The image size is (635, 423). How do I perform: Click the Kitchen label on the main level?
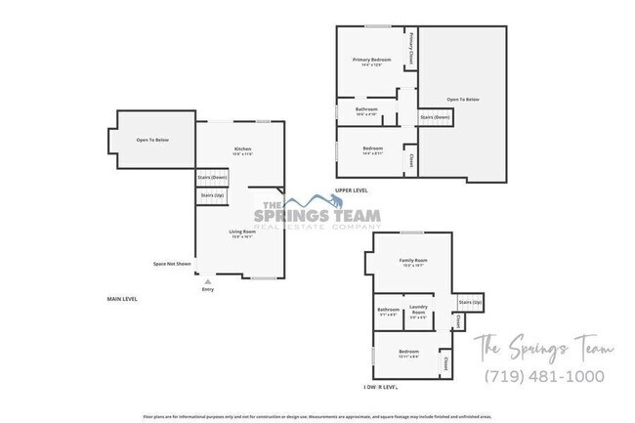[242, 148]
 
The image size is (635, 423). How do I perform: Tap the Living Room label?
[242, 231]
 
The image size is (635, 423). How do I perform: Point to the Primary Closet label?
[412, 47]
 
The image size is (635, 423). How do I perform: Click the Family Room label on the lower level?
[413, 260]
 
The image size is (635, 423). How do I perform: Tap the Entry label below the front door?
[207, 289]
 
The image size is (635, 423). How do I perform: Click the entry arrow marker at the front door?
[207, 281]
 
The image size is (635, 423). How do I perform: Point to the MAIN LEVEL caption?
[122, 298]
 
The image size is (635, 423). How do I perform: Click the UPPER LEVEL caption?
[351, 190]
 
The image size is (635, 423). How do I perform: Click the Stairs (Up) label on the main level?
[212, 195]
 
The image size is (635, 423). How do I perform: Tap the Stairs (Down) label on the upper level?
[435, 117]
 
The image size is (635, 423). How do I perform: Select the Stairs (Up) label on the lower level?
[470, 303]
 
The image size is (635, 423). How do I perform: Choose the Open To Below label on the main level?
[152, 141]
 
